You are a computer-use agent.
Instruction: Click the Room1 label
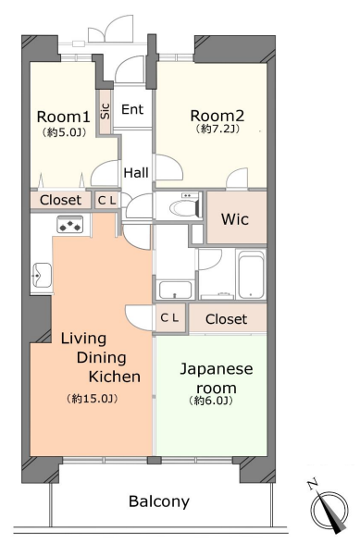[64, 117]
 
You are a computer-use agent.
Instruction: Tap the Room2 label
[217, 116]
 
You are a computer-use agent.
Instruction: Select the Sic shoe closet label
[106, 111]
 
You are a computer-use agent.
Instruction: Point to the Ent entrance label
[132, 109]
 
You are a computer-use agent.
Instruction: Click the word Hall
[136, 172]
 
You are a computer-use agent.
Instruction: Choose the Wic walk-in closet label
[235, 219]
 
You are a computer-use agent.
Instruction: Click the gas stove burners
[70, 224]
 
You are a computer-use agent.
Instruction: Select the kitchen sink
[42, 275]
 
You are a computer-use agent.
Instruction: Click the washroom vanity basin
[175, 291]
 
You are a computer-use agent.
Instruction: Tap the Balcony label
[159, 501]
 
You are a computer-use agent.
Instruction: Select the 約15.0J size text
[93, 399]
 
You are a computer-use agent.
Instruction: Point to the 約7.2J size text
[217, 130]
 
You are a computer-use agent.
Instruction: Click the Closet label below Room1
[60, 200]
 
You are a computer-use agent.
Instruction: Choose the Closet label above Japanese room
[227, 319]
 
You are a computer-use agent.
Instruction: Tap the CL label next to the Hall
[107, 201]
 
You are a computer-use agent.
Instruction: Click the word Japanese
[216, 369]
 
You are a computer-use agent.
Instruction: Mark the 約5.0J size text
[64, 132]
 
